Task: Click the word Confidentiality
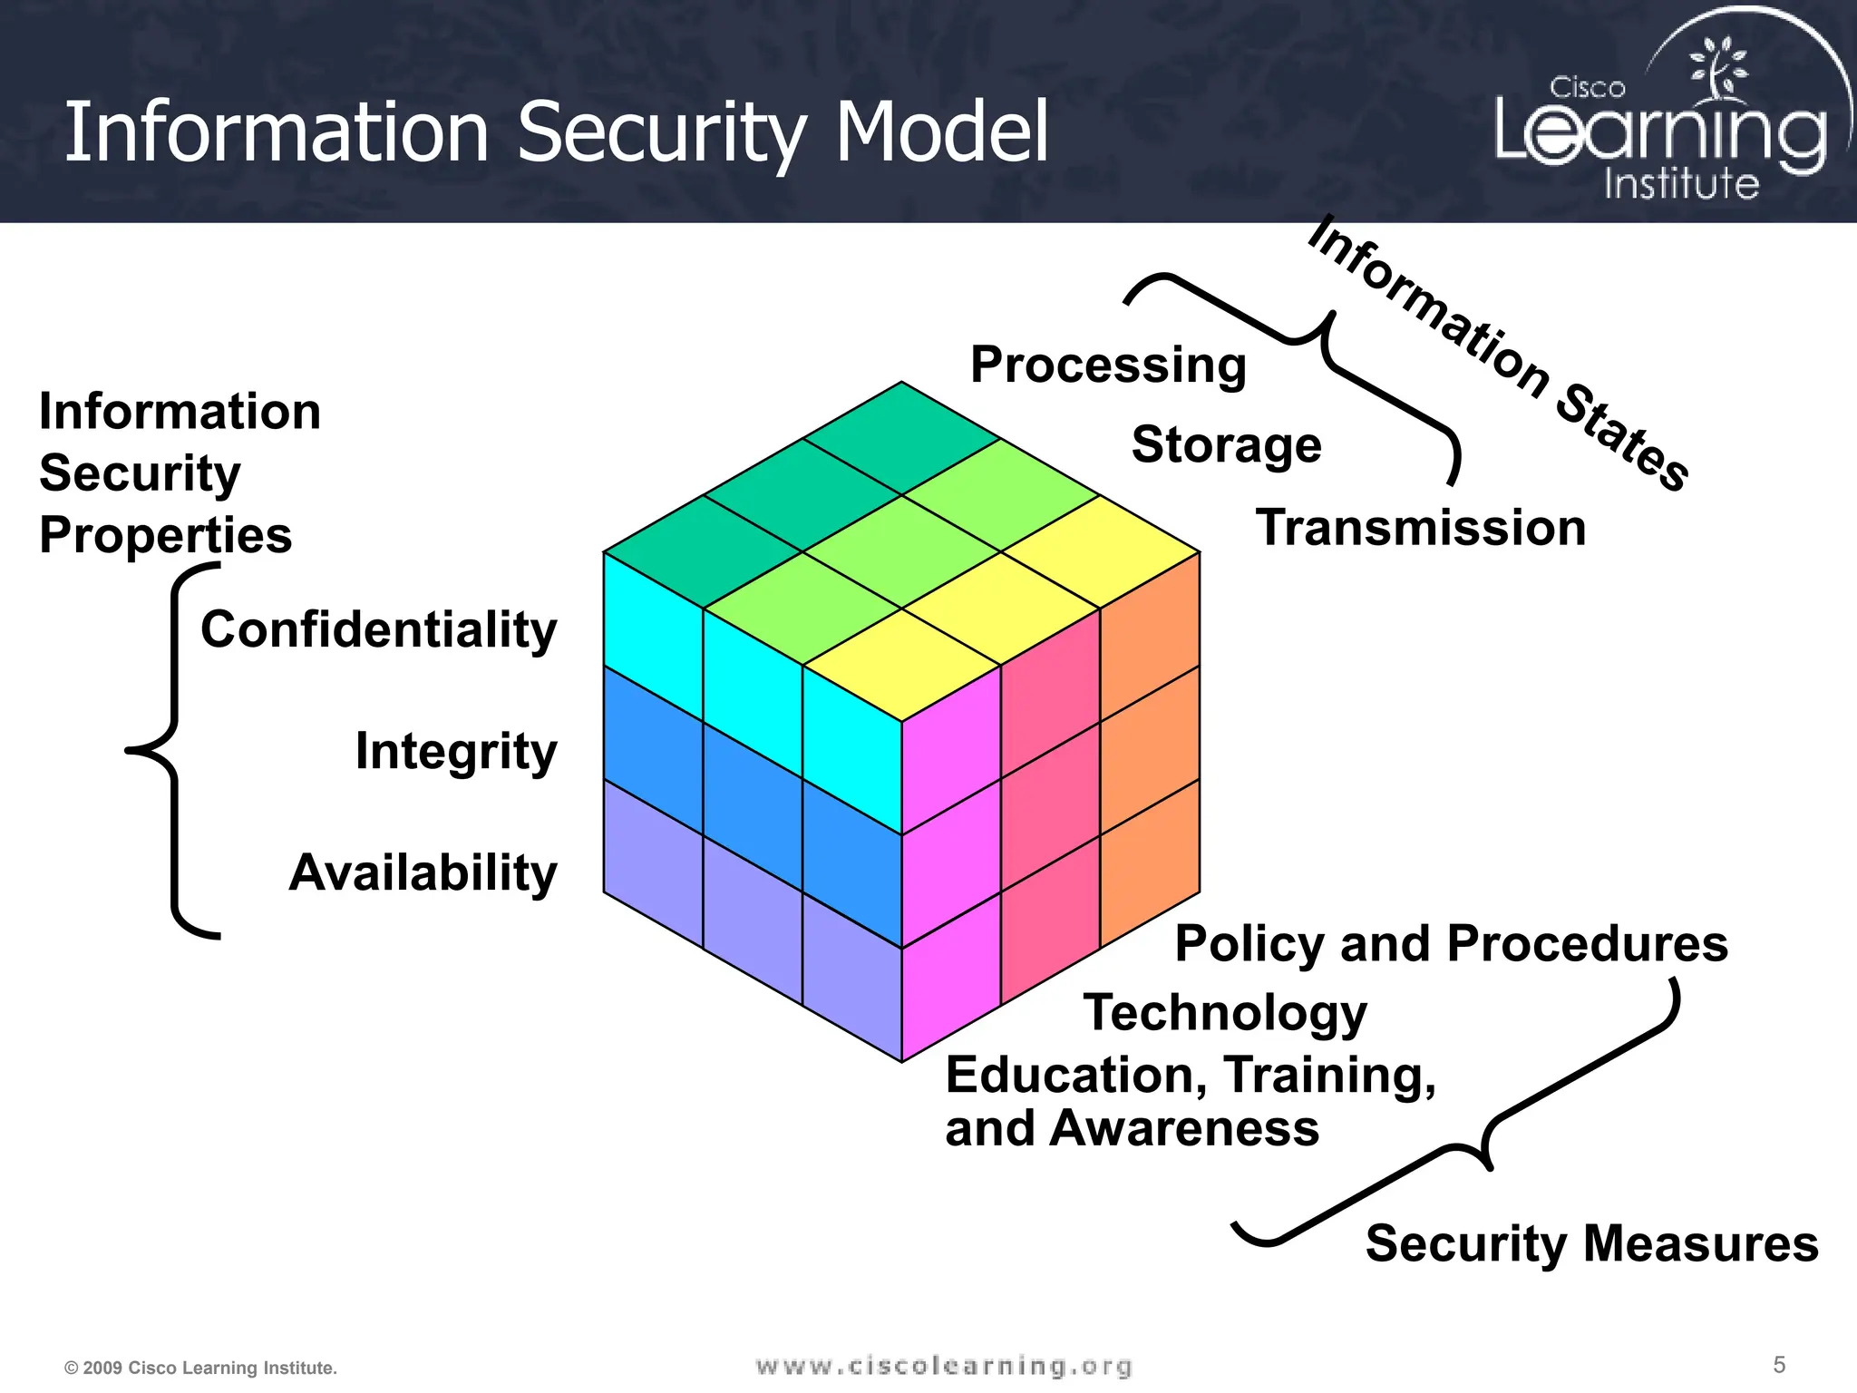coord(378,629)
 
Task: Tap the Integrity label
coord(455,751)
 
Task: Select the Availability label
coord(423,872)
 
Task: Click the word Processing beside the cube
coord(1108,365)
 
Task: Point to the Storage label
coord(1226,444)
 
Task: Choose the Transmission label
coord(1420,528)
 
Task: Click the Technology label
coord(1225,1012)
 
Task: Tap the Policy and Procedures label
coord(1451,943)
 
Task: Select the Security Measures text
coord(1591,1242)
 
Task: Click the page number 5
coord(1779,1365)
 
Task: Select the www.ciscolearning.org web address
coord(943,1366)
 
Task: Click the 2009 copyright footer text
coord(201,1368)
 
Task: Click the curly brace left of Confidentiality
coord(172,751)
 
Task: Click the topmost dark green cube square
coord(901,437)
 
